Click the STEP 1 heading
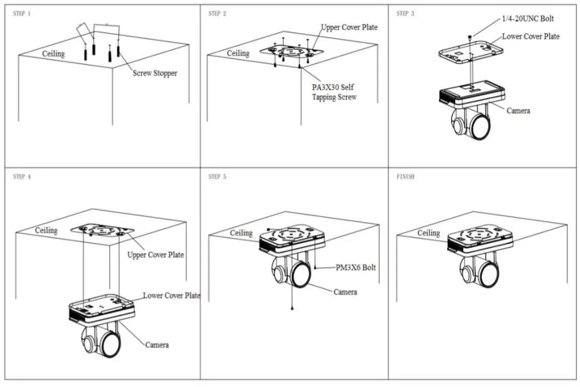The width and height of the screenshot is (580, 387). [x=22, y=14]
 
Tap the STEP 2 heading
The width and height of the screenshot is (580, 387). [x=217, y=14]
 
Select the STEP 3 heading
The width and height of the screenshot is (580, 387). [x=405, y=14]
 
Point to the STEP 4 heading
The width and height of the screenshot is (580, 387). [x=22, y=177]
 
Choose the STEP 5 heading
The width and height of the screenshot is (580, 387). [x=217, y=177]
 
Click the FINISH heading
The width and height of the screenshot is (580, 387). [x=405, y=177]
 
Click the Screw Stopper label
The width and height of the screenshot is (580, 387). [x=155, y=73]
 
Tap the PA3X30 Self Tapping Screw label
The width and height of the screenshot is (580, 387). [x=334, y=92]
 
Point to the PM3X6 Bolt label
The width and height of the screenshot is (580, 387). [x=356, y=268]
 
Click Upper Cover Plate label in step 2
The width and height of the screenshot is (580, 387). [x=349, y=27]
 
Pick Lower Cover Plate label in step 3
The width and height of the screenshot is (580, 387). [x=531, y=36]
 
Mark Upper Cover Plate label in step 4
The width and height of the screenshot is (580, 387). [x=155, y=255]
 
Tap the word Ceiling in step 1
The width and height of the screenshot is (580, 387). [x=53, y=53]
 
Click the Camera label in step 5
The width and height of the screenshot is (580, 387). [x=346, y=292]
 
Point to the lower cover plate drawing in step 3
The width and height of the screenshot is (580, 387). [x=470, y=52]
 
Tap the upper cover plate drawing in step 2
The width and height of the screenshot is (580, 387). [x=291, y=51]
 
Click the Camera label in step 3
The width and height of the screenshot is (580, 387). [x=518, y=110]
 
